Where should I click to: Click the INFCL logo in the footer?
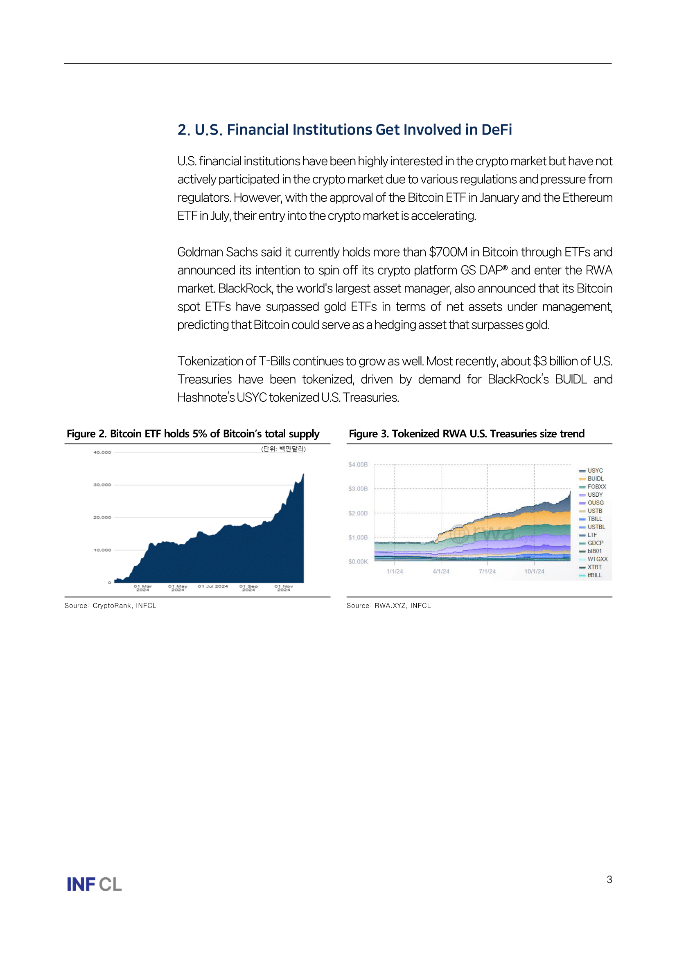pyautogui.click(x=94, y=884)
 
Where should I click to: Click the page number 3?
pyautogui.click(x=609, y=880)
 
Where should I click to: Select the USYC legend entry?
pyautogui.click(x=595, y=471)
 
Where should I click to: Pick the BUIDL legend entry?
pyautogui.click(x=595, y=479)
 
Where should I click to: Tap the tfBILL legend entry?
pyautogui.click(x=594, y=575)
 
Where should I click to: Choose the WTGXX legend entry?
pyautogui.click(x=597, y=559)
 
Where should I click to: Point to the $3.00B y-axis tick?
pyautogui.click(x=358, y=489)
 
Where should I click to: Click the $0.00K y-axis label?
pyautogui.click(x=358, y=561)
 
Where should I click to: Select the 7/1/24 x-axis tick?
pyautogui.click(x=487, y=572)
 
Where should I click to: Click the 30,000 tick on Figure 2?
pyautogui.click(x=102, y=485)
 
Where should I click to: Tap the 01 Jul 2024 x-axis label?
pyautogui.click(x=212, y=586)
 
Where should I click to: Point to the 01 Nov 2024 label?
pyautogui.click(x=284, y=588)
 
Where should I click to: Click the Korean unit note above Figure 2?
pyautogui.click(x=284, y=449)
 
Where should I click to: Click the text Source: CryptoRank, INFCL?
pyautogui.click(x=111, y=606)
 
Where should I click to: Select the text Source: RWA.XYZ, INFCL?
pyautogui.click(x=388, y=606)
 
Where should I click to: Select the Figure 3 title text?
pyautogui.click(x=467, y=434)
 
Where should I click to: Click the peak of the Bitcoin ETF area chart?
pyautogui.click(x=303, y=475)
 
